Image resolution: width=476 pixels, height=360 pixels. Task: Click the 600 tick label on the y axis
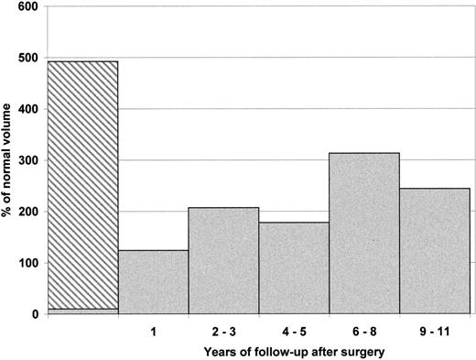pos(28,6)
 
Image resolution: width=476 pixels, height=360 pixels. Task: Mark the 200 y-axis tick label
pos(28,212)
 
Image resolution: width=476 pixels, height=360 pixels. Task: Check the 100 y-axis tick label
pos(28,263)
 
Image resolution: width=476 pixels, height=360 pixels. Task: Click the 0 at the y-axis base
pos(35,314)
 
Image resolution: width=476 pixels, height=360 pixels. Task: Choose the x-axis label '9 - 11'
pos(435,328)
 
